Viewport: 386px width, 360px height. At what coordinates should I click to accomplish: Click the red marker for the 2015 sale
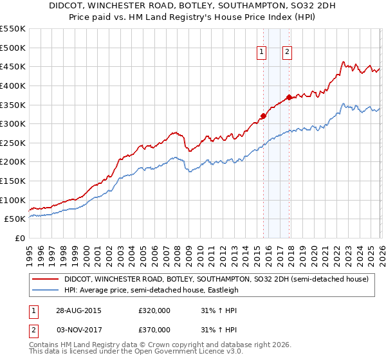pos(263,116)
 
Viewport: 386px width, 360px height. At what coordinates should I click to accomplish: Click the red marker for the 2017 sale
pos(289,97)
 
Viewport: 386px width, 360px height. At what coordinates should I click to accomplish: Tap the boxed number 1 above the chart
pos(262,53)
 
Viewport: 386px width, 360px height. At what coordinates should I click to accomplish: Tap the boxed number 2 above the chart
pos(287,53)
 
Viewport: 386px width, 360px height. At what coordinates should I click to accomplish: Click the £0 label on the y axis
pos(20,238)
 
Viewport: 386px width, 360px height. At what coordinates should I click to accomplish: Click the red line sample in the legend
pos(46,280)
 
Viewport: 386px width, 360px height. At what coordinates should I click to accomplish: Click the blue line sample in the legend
pos(46,291)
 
